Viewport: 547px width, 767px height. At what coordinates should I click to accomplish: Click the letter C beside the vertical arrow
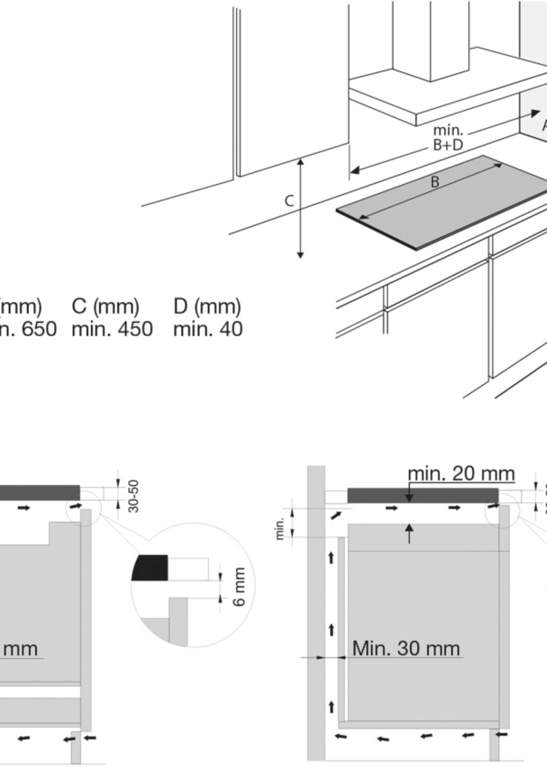[x=289, y=201]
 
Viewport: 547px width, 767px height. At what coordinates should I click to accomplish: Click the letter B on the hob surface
[x=435, y=182]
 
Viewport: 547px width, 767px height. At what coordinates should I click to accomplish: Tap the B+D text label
[x=448, y=145]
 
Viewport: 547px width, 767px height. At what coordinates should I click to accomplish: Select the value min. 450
[x=112, y=329]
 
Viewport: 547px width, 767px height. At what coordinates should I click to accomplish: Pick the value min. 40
[x=208, y=329]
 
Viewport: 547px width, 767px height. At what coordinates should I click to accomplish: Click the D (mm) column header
[x=207, y=306]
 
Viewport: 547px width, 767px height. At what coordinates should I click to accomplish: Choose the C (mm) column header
[x=105, y=306]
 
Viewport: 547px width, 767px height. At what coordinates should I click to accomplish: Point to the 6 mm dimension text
[x=239, y=587]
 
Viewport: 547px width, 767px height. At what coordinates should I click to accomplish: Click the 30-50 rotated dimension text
[x=134, y=496]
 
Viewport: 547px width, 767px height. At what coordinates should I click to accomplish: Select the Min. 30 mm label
[x=406, y=648]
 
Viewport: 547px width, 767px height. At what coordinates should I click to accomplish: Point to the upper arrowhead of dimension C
[x=300, y=162]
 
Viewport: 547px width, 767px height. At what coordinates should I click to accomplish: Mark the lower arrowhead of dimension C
[x=300, y=255]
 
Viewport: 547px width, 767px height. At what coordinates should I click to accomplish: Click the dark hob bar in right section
[x=423, y=495]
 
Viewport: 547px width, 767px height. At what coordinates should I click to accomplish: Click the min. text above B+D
[x=448, y=130]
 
